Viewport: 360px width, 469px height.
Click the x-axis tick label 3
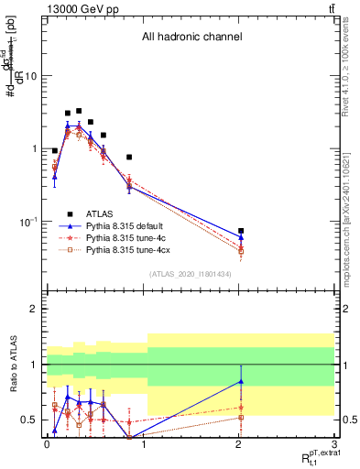(x=336, y=446)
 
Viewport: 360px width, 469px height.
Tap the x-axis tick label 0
(x=47, y=446)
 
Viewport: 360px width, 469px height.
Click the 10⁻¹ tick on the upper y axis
(x=30, y=222)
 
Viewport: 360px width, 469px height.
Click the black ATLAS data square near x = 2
(x=241, y=231)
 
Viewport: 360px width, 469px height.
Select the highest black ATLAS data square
(x=79, y=111)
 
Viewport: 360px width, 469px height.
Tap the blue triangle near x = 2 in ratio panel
(x=241, y=381)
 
